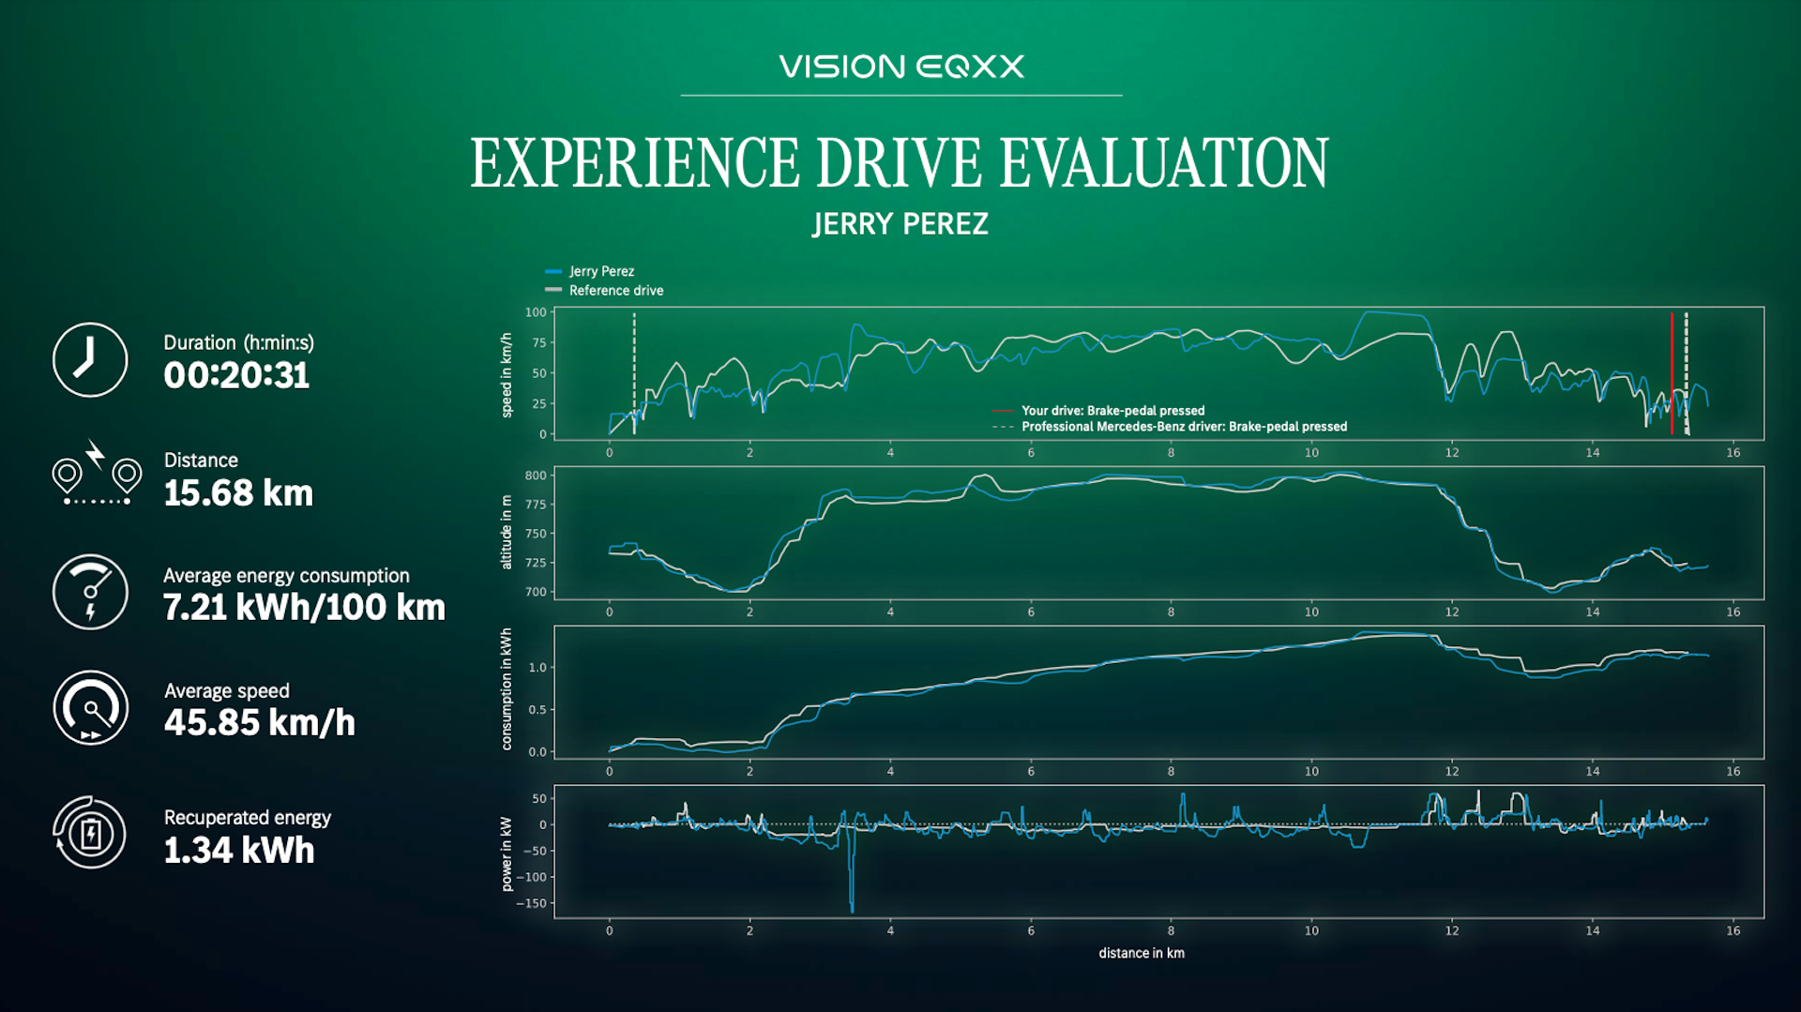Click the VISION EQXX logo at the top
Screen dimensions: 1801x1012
pyautogui.click(x=900, y=67)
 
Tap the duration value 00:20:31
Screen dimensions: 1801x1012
pyautogui.click(x=236, y=375)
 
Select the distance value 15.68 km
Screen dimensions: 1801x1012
pyautogui.click(x=238, y=493)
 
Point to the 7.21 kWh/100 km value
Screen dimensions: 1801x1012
pyautogui.click(x=304, y=608)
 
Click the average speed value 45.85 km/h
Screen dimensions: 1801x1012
pyautogui.click(x=260, y=723)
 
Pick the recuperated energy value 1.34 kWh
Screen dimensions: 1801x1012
pyautogui.click(x=239, y=851)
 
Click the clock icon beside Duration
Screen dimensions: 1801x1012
pyautogui.click(x=90, y=360)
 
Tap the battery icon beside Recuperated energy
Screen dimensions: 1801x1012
pyautogui.click(x=90, y=833)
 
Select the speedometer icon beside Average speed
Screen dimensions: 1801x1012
pyautogui.click(x=90, y=708)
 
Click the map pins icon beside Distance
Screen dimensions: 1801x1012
pyautogui.click(x=97, y=473)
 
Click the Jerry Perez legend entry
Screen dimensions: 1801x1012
pyautogui.click(x=590, y=271)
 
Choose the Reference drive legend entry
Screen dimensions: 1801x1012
pyautogui.click(x=604, y=291)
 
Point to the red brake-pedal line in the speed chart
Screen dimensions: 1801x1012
pyautogui.click(x=1672, y=373)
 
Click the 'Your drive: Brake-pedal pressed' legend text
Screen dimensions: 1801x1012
pyautogui.click(x=1112, y=411)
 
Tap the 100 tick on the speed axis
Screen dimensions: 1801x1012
pyautogui.click(x=536, y=312)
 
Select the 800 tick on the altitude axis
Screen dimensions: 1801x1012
pyautogui.click(x=536, y=476)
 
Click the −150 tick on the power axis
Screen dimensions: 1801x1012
pyautogui.click(x=531, y=904)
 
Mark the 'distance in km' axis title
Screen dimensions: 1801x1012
pyautogui.click(x=1142, y=953)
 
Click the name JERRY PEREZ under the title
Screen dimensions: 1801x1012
pyautogui.click(x=900, y=224)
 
